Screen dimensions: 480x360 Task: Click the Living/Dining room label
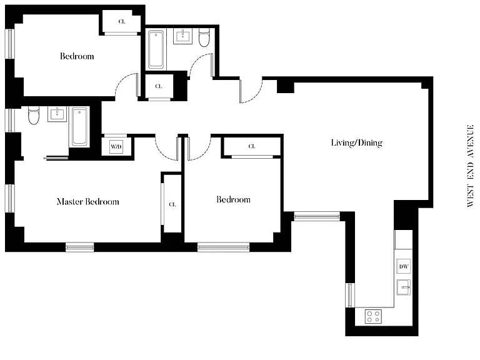[x=357, y=143]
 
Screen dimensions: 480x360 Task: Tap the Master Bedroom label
[x=88, y=201]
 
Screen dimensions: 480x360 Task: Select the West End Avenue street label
[x=470, y=166]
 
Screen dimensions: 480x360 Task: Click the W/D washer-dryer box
[x=116, y=147]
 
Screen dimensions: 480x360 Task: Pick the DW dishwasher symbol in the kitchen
[x=404, y=266]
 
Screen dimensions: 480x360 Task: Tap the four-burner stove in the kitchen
[x=373, y=316]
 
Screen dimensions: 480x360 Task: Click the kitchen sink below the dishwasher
[x=404, y=287]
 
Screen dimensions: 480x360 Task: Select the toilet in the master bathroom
[x=34, y=116]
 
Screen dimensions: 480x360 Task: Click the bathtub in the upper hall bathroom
[x=156, y=49]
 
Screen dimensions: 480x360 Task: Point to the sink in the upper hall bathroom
[x=183, y=36]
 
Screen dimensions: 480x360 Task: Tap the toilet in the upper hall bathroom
[x=204, y=37]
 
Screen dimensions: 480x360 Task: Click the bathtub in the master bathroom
[x=80, y=127]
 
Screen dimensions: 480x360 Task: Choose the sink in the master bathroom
[x=57, y=114]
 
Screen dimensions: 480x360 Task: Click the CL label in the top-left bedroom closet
[x=122, y=21]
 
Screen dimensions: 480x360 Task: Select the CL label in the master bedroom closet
[x=172, y=204]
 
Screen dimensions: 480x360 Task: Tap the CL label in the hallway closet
[x=159, y=86]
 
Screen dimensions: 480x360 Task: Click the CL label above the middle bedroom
[x=252, y=146]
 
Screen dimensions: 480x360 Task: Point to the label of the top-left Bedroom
[x=77, y=56]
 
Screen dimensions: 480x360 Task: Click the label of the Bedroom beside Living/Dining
[x=233, y=199]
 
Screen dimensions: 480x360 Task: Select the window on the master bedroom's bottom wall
[x=80, y=247]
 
